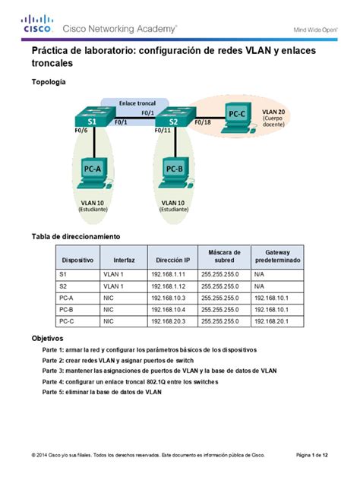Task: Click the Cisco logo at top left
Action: tap(36, 25)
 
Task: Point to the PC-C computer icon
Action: tap(236, 118)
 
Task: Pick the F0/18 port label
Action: tap(202, 122)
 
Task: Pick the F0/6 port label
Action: tap(81, 131)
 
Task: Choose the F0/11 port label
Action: tap(162, 131)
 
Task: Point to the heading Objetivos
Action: tap(47, 337)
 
